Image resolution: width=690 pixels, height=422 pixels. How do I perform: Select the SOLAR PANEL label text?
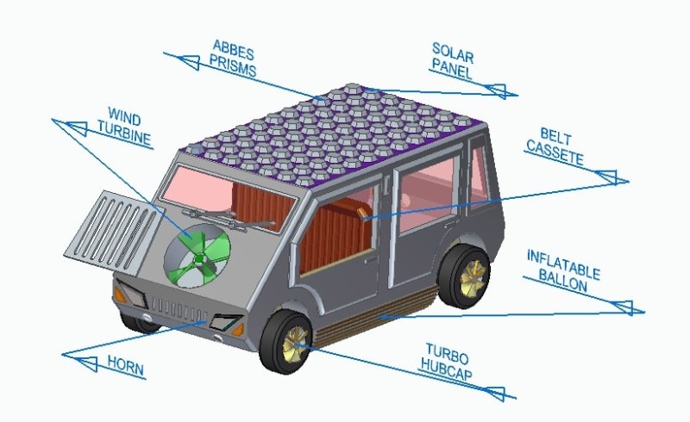click(x=453, y=60)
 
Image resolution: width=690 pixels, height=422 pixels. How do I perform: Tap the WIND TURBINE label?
click(x=126, y=127)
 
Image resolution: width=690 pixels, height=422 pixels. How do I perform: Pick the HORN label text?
click(x=126, y=366)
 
